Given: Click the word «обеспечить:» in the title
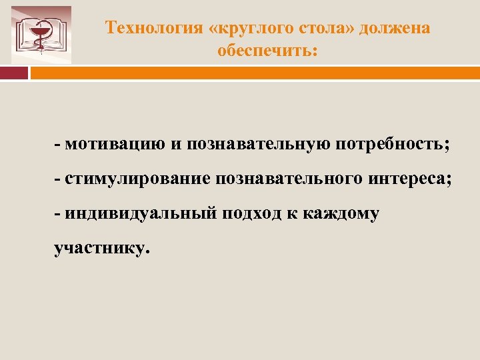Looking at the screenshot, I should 268,50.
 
